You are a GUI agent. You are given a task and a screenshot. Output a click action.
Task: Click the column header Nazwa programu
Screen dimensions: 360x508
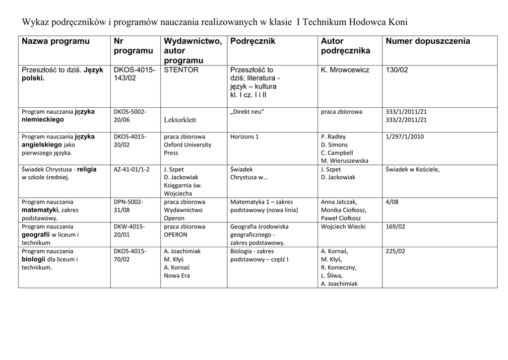pos(56,41)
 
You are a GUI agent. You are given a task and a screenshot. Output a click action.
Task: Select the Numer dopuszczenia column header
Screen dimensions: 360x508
pos(428,41)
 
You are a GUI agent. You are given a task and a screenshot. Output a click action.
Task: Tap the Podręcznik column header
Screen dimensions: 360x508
pos(253,41)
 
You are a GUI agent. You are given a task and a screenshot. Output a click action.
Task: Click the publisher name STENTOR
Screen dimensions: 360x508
pos(181,70)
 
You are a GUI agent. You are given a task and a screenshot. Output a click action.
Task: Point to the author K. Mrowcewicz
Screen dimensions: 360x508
pos(345,70)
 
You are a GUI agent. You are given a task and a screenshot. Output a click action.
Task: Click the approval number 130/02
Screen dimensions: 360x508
pos(397,70)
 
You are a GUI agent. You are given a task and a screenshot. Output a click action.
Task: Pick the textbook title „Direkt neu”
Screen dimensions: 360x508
pos(247,112)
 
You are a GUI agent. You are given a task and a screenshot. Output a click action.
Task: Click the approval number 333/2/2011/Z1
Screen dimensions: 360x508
pos(406,120)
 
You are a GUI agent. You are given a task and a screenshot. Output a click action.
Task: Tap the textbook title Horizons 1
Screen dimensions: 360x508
pos(245,137)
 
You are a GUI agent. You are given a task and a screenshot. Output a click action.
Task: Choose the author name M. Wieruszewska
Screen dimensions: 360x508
pos(345,160)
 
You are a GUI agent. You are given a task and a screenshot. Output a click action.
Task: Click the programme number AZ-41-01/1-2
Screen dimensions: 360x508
pos(131,169)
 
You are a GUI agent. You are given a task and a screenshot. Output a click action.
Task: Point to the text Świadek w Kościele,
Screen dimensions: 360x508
pos(412,169)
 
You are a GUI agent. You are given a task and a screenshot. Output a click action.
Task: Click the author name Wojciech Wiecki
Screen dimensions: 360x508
pos(343,226)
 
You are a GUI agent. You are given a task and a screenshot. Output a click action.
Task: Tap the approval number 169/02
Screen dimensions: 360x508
pos(395,226)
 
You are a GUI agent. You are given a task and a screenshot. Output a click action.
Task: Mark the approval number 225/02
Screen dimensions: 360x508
pos(395,251)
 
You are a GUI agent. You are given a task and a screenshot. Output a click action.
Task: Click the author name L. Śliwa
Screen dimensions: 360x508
pos(332,276)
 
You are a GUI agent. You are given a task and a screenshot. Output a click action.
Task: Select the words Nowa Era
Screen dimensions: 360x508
pos(177,276)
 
